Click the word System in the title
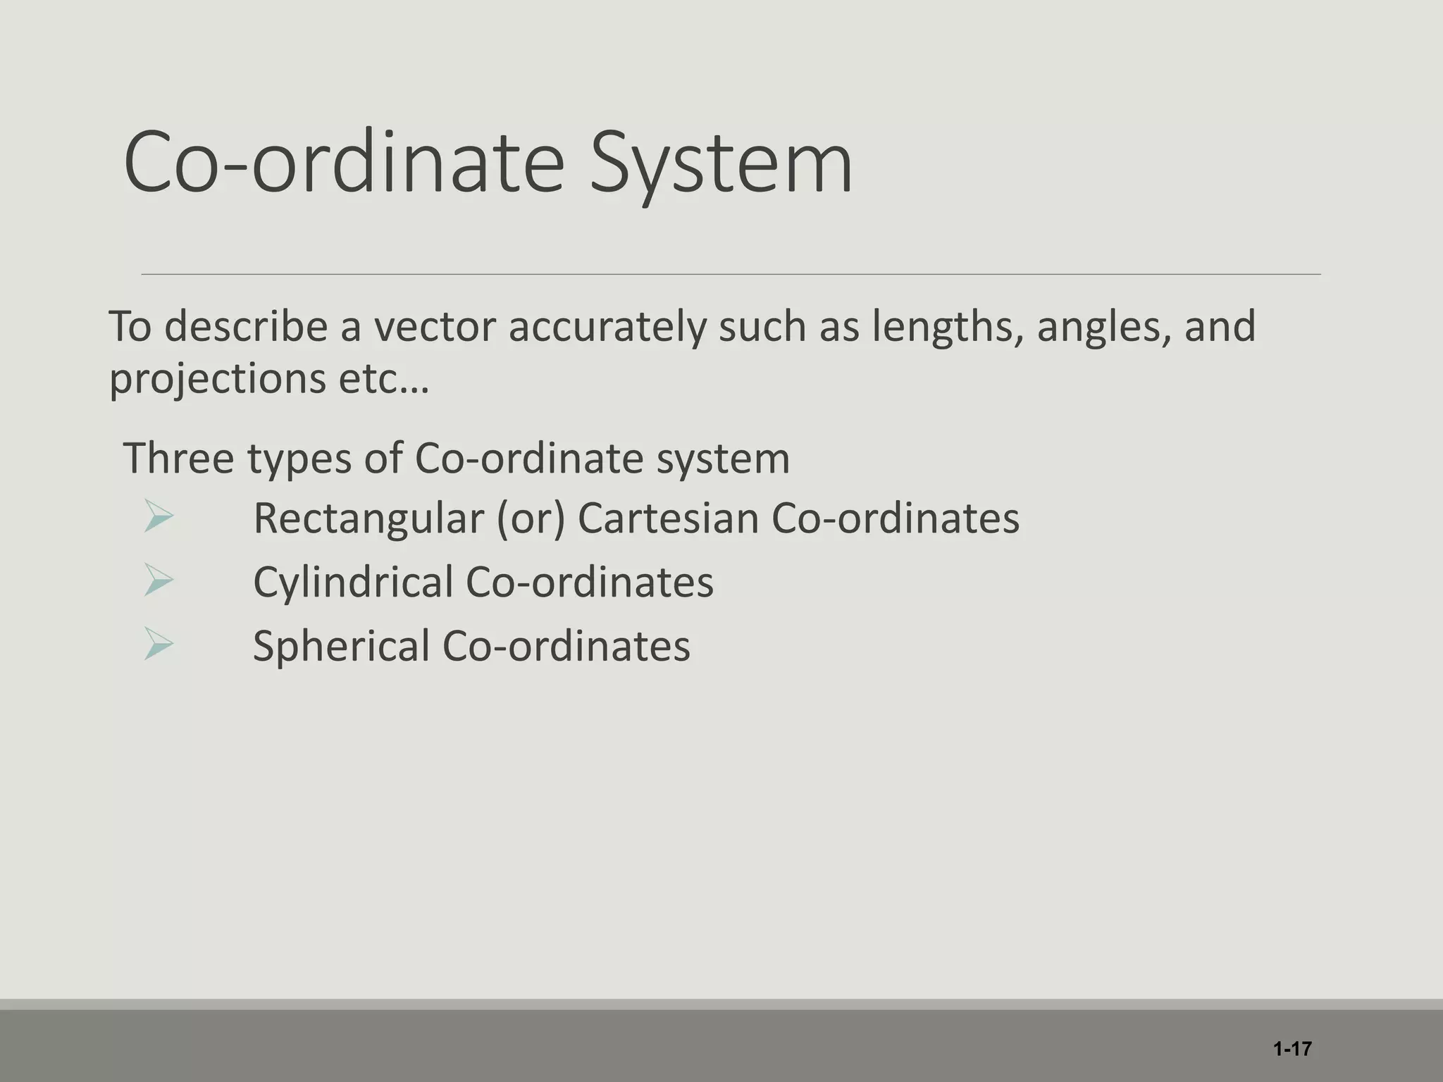[x=721, y=164]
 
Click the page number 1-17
[x=1292, y=1049]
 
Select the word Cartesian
[x=668, y=519]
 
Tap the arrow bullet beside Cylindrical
[x=158, y=580]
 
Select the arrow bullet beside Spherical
[x=158, y=643]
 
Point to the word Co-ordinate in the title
[x=344, y=164]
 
